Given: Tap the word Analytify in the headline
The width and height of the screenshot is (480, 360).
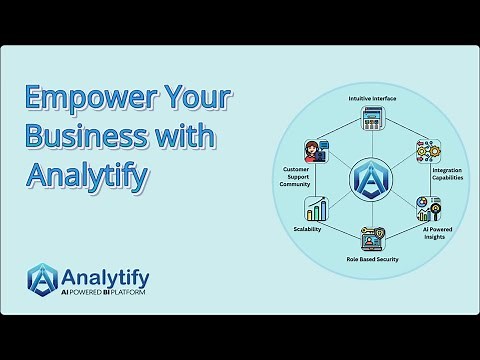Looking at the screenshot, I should [x=89, y=177].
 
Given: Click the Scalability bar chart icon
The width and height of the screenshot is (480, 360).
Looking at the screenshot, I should [x=318, y=210].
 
